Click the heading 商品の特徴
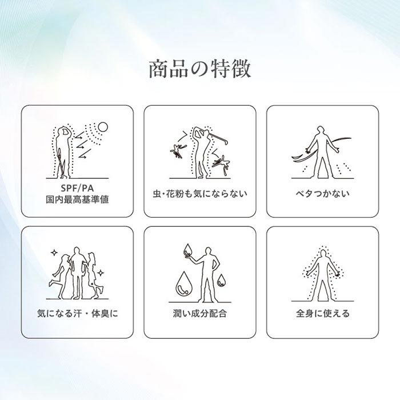(200, 69)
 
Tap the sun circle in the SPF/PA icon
(103, 127)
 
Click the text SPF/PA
(77, 188)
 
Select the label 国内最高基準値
(77, 199)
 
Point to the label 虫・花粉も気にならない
(200, 194)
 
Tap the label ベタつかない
(322, 194)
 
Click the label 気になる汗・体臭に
(78, 313)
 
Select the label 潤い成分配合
(200, 313)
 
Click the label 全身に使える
(322, 313)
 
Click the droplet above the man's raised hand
(188, 250)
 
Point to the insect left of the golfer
(178, 151)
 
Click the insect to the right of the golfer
(222, 163)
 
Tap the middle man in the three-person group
(77, 273)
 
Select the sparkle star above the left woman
(54, 253)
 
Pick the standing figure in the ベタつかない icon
(322, 153)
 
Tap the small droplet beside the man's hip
(221, 280)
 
